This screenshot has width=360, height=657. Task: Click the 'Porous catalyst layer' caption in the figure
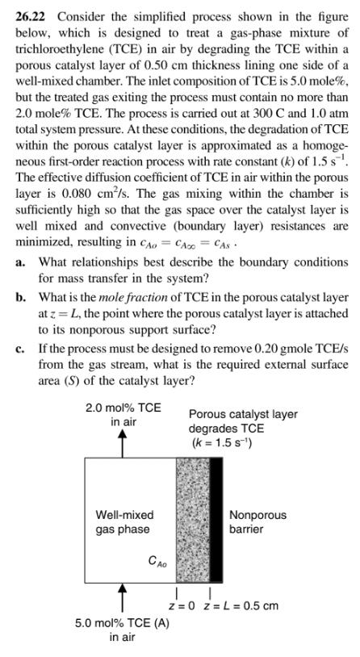point(242,414)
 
